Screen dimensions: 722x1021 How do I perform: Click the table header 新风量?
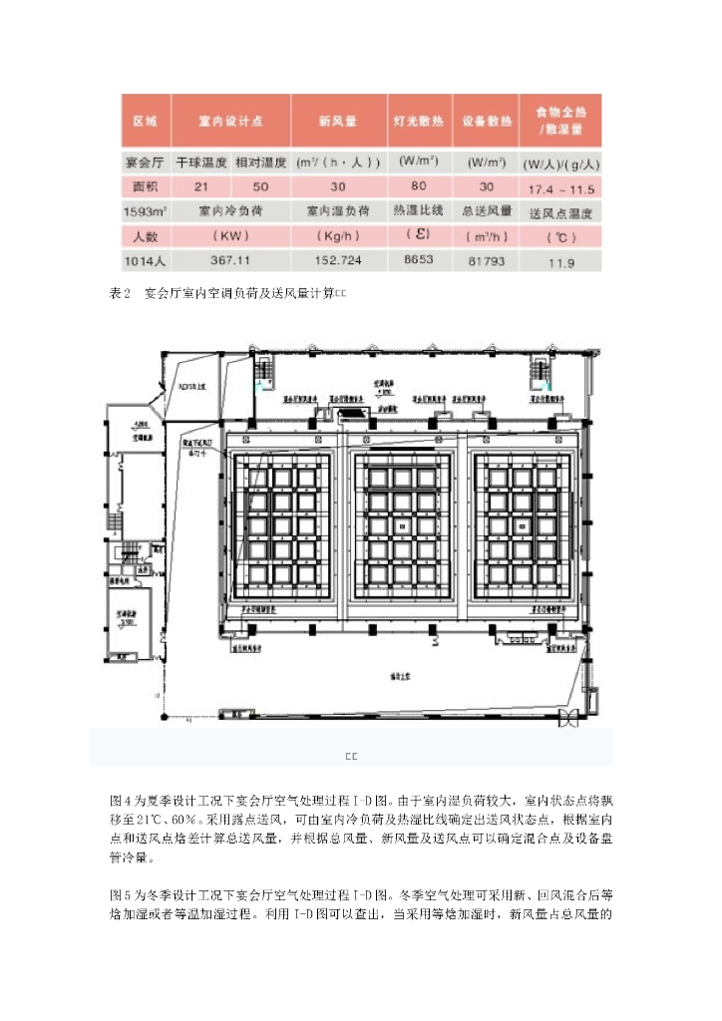(337, 122)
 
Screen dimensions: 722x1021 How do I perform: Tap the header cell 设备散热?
(486, 122)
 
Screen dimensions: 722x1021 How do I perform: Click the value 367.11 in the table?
(229, 261)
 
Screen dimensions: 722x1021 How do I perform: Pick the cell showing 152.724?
(337, 261)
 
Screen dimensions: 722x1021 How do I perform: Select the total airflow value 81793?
(486, 261)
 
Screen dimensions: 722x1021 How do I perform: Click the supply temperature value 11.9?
(561, 262)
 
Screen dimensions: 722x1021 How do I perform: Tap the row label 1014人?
(145, 261)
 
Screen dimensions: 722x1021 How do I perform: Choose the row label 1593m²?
(145, 211)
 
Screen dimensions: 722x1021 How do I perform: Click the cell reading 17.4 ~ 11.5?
(561, 186)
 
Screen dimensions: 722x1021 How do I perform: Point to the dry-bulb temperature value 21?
(201, 186)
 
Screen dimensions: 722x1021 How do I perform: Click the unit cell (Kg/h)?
(337, 236)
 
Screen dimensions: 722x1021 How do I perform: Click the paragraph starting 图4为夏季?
(360, 827)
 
